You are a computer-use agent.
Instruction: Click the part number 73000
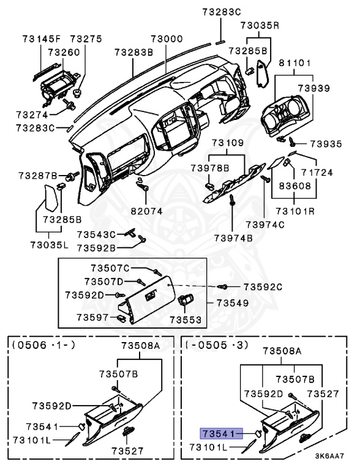point(167,39)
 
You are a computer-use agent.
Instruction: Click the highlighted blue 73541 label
point(219,433)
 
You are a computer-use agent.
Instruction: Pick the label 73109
point(228,143)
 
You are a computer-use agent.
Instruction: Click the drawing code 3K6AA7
point(330,456)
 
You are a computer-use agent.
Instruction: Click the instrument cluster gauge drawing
point(282,116)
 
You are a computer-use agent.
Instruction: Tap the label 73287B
point(37,176)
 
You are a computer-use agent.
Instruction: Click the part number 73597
point(92,317)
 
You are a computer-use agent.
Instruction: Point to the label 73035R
point(260,26)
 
